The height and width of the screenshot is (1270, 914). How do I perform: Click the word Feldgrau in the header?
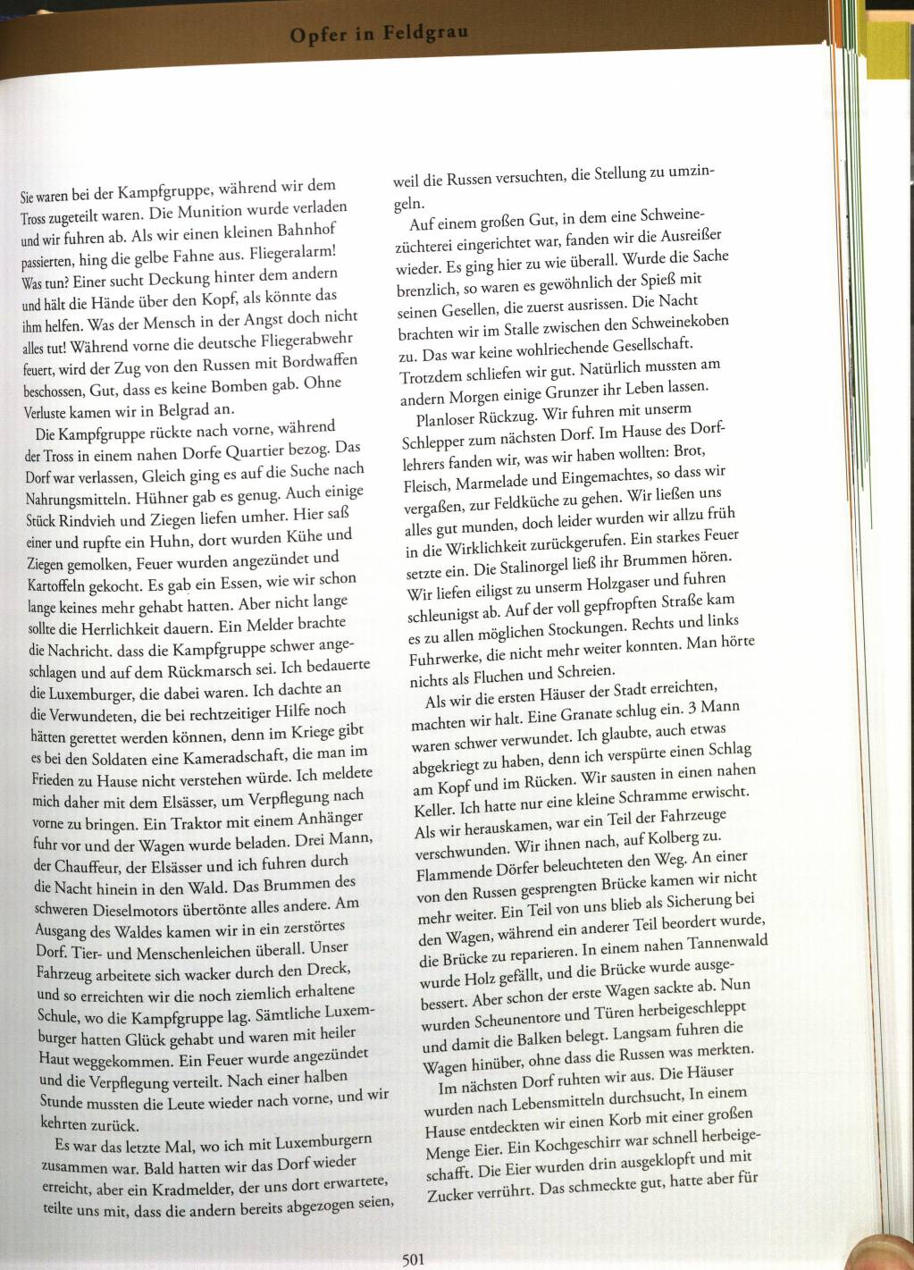tap(426, 33)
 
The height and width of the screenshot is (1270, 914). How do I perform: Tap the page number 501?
tap(413, 1259)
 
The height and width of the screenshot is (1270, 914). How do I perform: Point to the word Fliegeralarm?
tap(291, 252)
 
